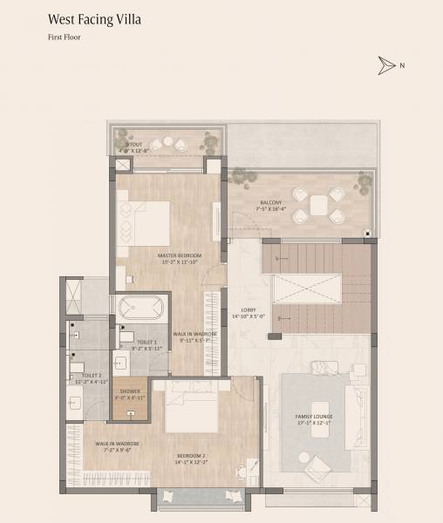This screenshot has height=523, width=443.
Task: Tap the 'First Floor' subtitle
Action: pos(65,38)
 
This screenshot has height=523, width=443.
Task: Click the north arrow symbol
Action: pos(386,65)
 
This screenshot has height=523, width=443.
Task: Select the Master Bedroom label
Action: pos(180,255)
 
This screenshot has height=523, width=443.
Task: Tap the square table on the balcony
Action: pos(318,205)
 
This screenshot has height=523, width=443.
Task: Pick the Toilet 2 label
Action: pos(91,375)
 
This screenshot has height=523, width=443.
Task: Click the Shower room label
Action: pos(130,391)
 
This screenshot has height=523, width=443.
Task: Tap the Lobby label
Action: pos(248,310)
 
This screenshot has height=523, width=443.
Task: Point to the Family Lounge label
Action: pos(313,416)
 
